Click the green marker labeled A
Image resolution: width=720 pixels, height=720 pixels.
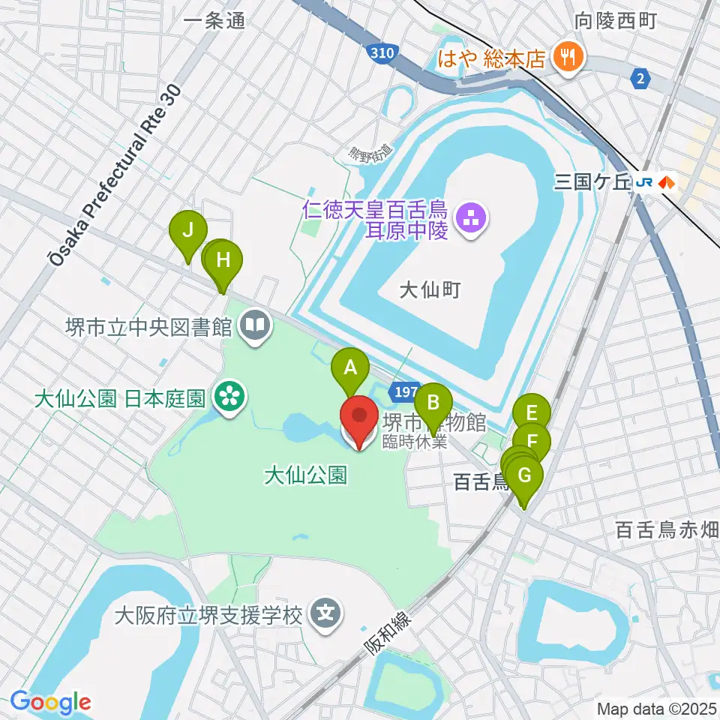click(x=350, y=370)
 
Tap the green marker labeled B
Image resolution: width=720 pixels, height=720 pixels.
click(x=433, y=405)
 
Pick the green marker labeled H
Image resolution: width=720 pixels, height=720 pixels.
click(x=223, y=262)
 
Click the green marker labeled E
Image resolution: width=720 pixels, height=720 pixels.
click(x=532, y=413)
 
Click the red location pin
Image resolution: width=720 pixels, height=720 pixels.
click(x=358, y=418)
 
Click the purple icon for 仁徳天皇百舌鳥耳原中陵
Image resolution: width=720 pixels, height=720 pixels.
click(x=474, y=219)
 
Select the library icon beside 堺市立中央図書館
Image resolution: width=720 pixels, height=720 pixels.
click(x=256, y=326)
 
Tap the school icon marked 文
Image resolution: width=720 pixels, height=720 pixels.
click(x=327, y=615)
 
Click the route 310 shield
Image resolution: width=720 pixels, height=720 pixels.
click(x=382, y=52)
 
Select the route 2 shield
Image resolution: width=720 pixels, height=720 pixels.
click(x=639, y=78)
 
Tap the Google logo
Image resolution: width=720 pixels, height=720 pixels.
click(x=50, y=702)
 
